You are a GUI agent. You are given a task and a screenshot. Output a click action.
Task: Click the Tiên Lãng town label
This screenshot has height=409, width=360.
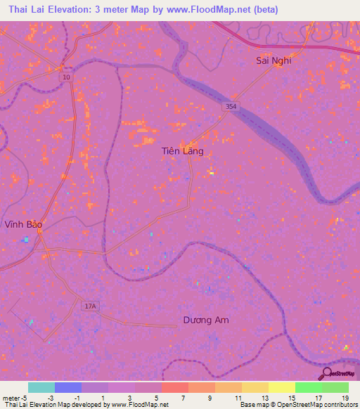coord(182,151)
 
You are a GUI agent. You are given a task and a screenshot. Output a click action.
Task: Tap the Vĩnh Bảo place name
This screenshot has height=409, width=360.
coord(23,225)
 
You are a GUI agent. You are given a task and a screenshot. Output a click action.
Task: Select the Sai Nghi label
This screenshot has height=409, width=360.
coord(274,60)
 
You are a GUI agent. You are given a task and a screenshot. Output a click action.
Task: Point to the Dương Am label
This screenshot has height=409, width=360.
coord(206,320)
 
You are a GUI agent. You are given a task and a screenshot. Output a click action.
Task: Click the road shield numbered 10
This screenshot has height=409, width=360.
coord(65,77)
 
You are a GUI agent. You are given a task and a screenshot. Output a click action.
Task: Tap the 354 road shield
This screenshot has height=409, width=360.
coord(231,105)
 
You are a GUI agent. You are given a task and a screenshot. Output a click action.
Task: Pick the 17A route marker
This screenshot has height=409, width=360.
coord(89,306)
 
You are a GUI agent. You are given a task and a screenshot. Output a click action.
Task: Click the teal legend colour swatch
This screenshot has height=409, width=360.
coord(41,387)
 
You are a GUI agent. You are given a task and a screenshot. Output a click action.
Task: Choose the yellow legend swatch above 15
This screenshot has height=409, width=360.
coord(282,387)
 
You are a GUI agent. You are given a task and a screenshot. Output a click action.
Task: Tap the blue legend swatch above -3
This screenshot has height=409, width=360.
coord(68,387)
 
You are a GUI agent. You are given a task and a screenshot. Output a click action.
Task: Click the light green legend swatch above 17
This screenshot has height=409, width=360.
coord(309,387)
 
